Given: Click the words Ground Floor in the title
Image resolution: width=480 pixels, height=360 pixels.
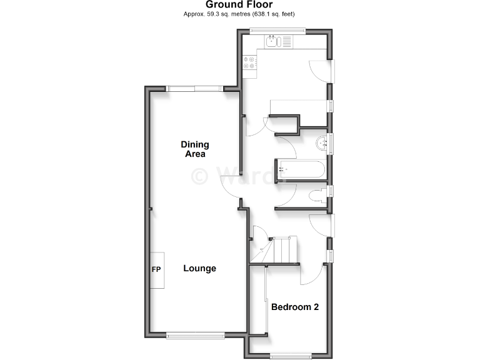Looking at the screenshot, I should click(x=239, y=5).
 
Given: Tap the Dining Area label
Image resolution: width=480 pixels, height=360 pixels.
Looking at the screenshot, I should click(x=194, y=149).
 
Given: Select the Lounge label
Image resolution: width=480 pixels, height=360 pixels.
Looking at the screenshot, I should click(x=199, y=269).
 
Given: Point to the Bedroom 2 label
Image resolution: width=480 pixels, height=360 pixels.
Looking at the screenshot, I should click(x=295, y=307).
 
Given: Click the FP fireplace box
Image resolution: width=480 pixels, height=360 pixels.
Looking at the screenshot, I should click(x=157, y=270).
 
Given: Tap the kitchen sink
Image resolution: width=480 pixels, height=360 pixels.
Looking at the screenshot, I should click(x=272, y=42).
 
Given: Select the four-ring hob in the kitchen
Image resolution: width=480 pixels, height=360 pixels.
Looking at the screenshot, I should click(x=249, y=63).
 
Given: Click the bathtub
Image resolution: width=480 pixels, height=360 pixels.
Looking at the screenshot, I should click(x=300, y=169).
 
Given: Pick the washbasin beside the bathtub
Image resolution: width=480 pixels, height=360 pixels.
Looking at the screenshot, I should click(x=322, y=143).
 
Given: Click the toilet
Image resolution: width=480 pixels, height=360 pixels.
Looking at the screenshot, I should click(x=319, y=195).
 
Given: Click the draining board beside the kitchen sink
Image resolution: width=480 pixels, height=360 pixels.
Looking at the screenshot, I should click(x=286, y=42).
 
